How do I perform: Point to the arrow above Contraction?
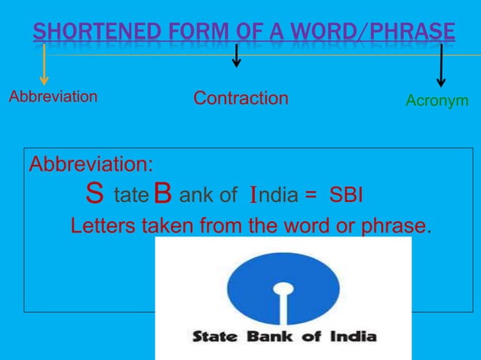pyautogui.click(x=237, y=55)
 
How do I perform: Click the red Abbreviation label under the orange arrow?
pyautogui.click(x=53, y=96)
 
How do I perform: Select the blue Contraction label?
pyautogui.click(x=240, y=99)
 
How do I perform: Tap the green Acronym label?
pyautogui.click(x=437, y=100)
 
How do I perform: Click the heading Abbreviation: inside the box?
pyautogui.click(x=90, y=163)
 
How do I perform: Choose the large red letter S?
pyautogui.click(x=94, y=196)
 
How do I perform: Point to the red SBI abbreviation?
pyautogui.click(x=346, y=196)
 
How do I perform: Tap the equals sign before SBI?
pyautogui.click(x=311, y=197)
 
